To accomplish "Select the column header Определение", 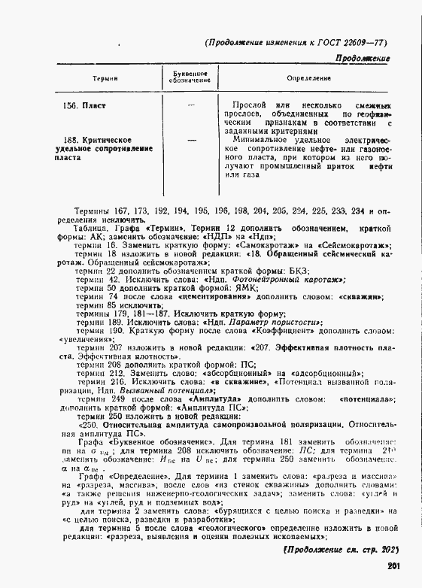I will point(307,78).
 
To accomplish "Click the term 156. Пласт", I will point(82,104).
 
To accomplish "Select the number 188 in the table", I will point(71,141).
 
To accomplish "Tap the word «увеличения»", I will point(84,339).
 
